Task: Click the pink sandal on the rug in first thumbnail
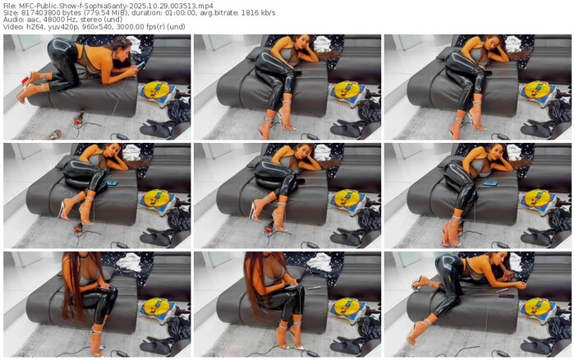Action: click(54, 135)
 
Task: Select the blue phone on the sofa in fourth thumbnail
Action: click(112, 182)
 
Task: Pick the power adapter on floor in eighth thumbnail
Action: click(312, 353)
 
